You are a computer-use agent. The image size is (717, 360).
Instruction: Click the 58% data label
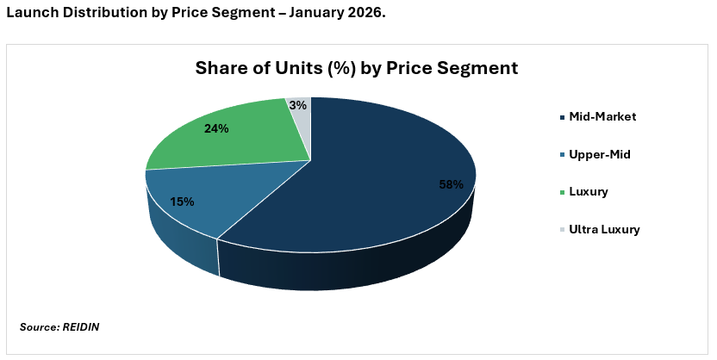(x=452, y=184)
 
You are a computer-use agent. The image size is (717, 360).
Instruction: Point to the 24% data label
(x=216, y=129)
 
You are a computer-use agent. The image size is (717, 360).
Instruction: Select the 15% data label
(x=182, y=202)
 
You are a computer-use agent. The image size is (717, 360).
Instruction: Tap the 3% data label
(x=298, y=105)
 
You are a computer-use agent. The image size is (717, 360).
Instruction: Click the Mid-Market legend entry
(x=602, y=116)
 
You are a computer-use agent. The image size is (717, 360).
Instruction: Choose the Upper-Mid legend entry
(x=599, y=154)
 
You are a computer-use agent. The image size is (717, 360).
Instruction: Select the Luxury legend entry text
(x=589, y=191)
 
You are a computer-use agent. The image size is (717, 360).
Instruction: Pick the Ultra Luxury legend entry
(x=604, y=229)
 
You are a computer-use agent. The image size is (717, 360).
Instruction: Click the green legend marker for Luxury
(x=563, y=192)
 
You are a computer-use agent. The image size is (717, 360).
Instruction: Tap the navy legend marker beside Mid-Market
(x=563, y=117)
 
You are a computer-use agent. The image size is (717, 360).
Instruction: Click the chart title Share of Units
(x=357, y=68)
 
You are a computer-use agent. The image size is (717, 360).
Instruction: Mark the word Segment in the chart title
(x=477, y=68)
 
